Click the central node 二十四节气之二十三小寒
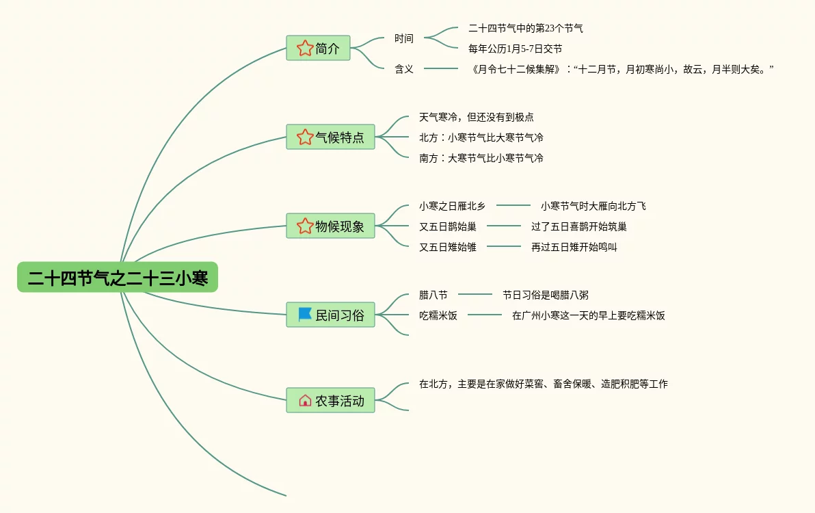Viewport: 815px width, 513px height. (118, 278)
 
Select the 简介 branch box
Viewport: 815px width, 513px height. (318, 49)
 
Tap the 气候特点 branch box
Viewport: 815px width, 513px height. (330, 137)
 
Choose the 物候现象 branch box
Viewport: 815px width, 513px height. (330, 226)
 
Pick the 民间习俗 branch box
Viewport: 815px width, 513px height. (330, 315)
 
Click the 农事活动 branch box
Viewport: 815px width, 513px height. (330, 401)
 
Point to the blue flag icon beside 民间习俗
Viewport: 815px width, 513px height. (305, 315)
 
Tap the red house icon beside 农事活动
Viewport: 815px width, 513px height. (305, 401)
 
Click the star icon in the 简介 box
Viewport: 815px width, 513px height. (305, 49)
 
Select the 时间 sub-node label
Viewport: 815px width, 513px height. (404, 38)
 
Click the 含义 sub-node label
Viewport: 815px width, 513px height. (404, 69)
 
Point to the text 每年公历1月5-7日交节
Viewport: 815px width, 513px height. (515, 49)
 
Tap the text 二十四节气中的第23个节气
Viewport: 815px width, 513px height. (525, 28)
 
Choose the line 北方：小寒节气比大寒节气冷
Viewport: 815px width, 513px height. (481, 137)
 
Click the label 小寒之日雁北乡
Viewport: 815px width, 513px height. (452, 206)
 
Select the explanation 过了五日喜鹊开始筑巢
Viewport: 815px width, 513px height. (578, 226)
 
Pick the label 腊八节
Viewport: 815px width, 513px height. (433, 295)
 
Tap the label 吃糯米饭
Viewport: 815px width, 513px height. (438, 315)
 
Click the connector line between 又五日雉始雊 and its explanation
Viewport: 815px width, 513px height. (504, 246)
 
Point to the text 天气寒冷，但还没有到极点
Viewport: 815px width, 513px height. (477, 117)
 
